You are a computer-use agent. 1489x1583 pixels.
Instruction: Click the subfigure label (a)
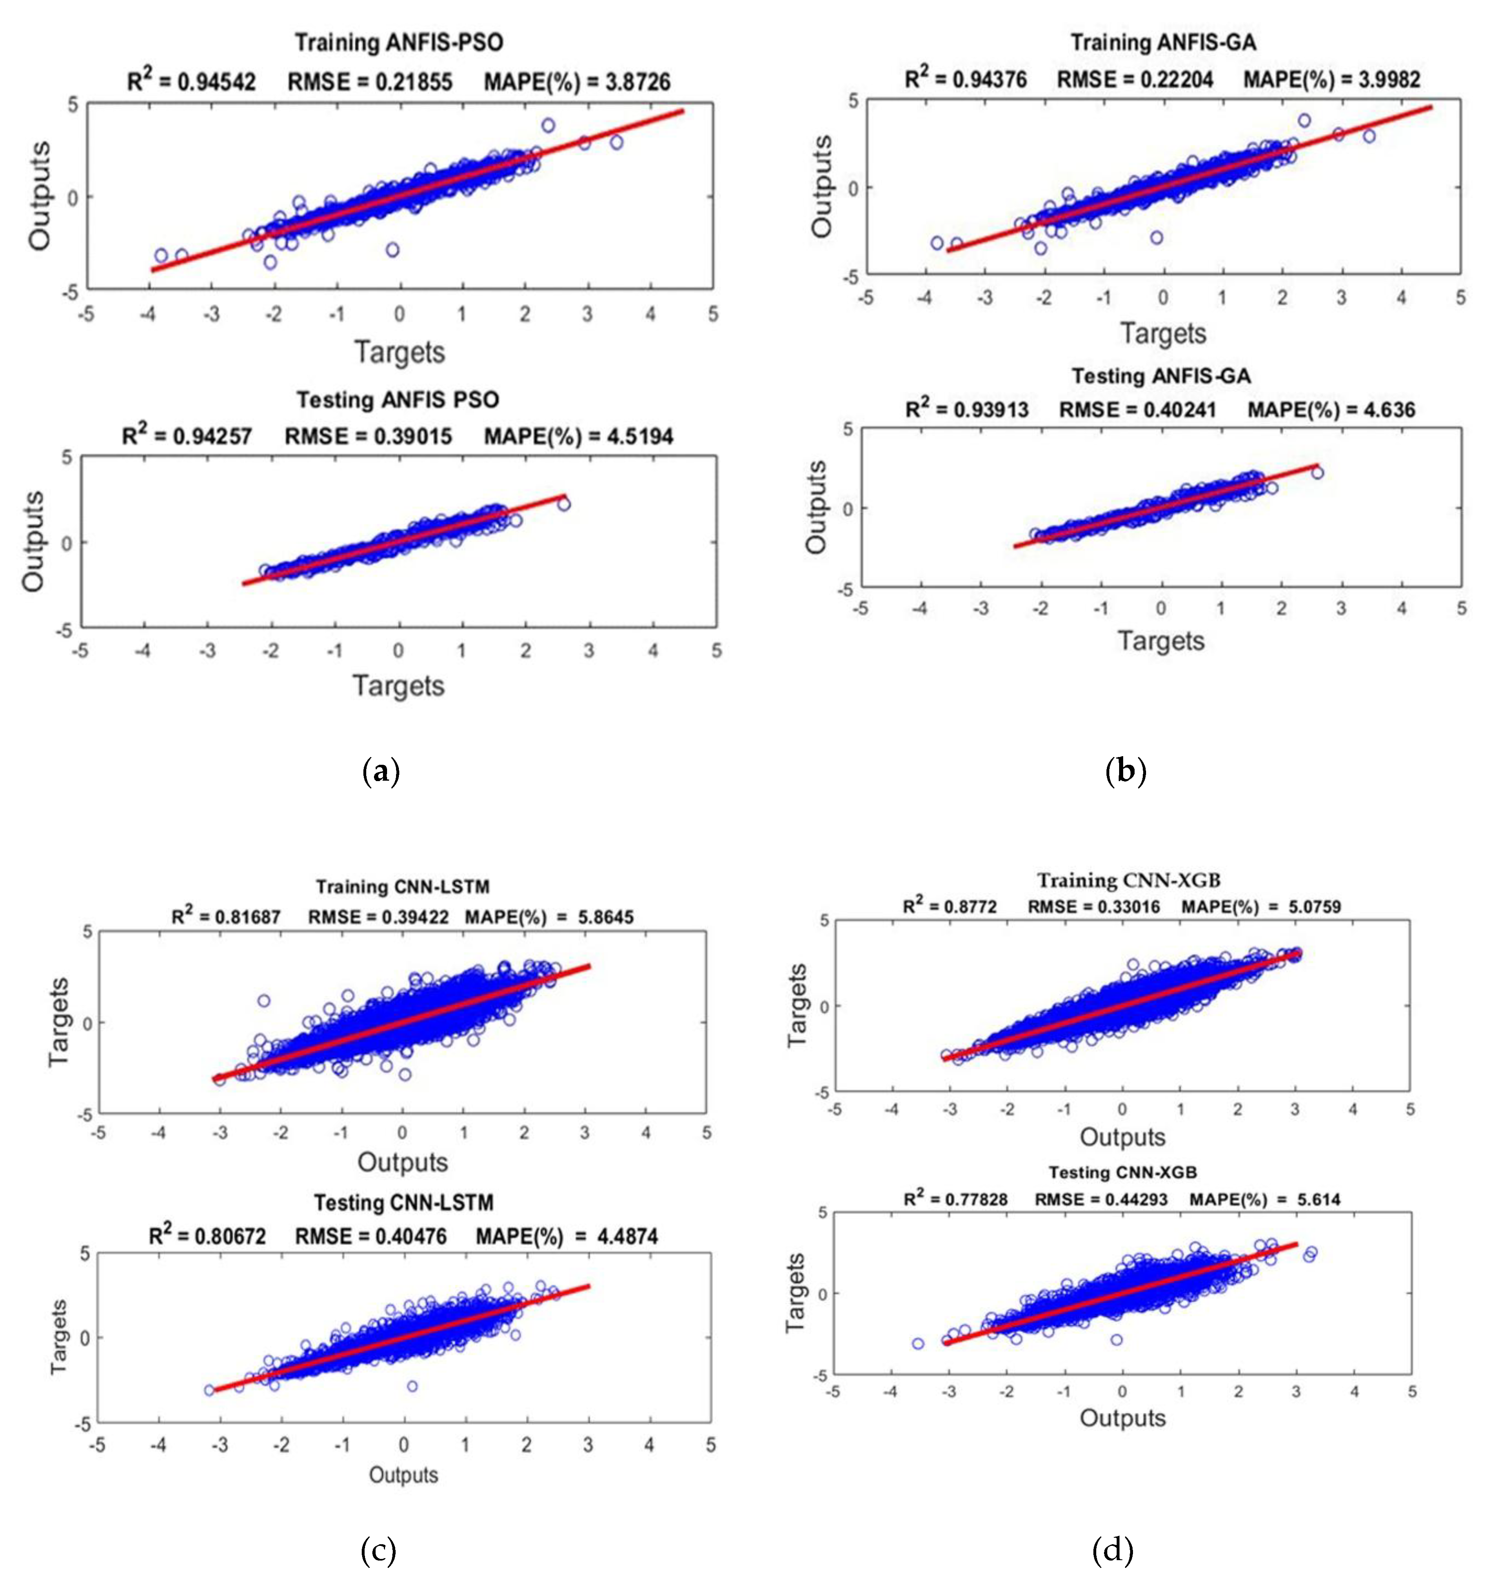click(380, 772)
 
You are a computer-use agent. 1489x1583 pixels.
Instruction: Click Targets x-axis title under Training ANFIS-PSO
click(399, 352)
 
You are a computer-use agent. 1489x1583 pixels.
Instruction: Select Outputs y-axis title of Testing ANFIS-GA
click(817, 507)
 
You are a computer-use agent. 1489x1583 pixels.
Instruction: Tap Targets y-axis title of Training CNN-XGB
click(797, 1006)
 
